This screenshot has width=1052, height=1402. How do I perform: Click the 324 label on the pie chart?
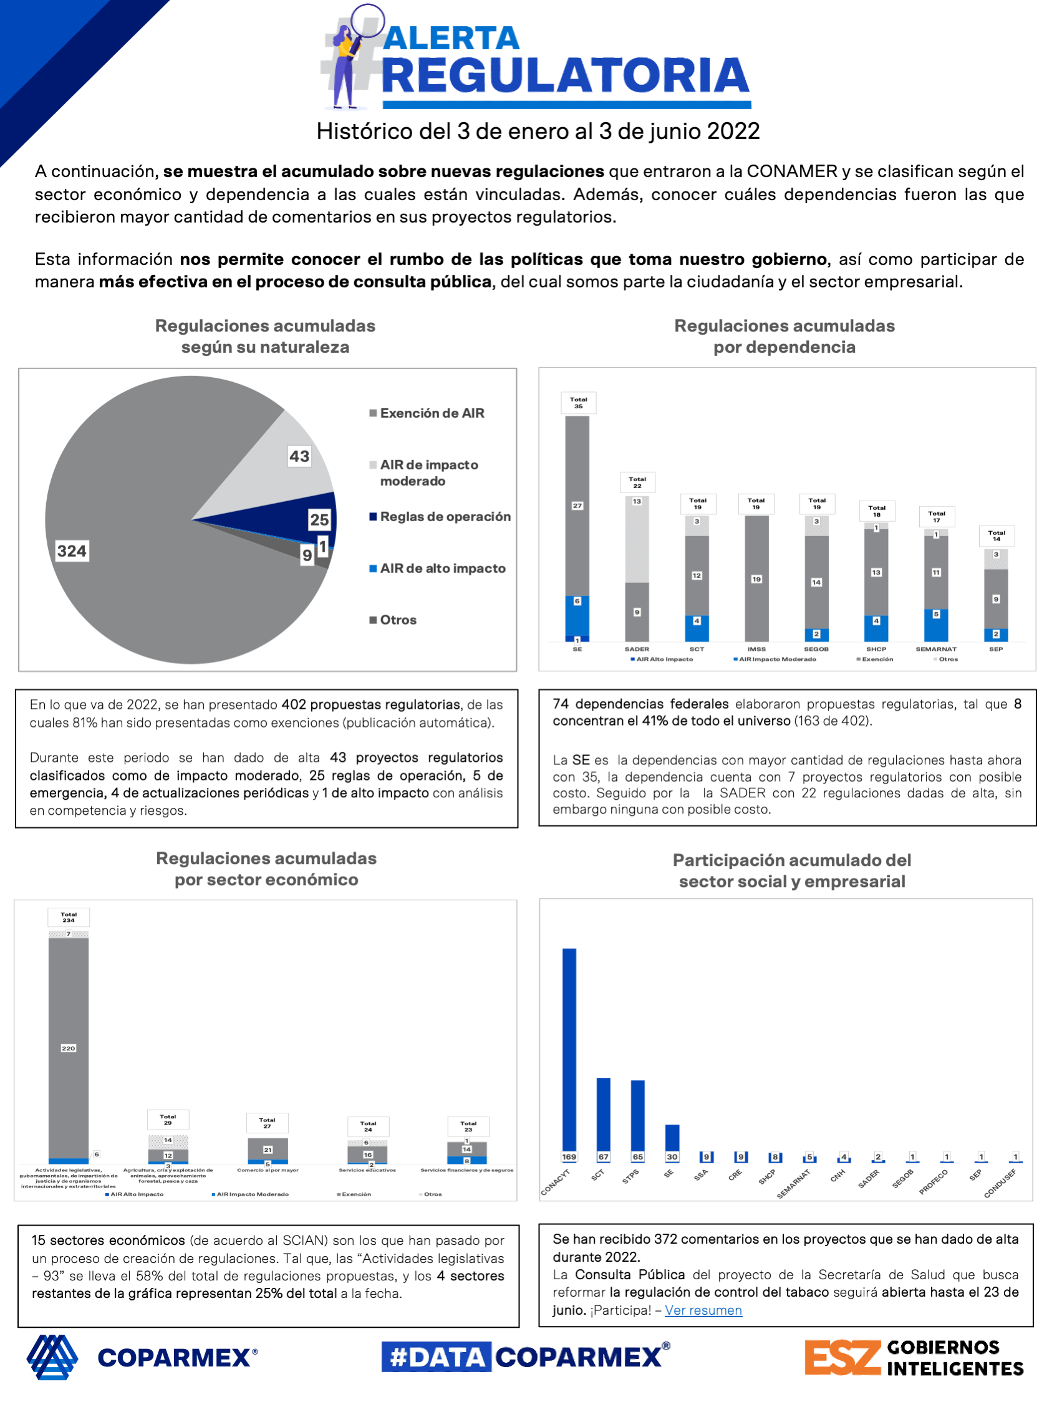72,551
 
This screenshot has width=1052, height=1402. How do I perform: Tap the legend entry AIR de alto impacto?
442,569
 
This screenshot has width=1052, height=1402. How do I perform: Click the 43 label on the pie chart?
299,456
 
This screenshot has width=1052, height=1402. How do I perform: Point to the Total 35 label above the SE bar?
578,403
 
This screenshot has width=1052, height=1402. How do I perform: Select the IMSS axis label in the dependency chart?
756,649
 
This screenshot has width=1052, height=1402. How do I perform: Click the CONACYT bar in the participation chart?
569,1049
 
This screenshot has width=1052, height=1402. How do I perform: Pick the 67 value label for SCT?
603,1157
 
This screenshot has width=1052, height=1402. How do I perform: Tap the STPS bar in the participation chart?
637,1115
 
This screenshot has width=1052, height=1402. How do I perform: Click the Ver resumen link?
703,1310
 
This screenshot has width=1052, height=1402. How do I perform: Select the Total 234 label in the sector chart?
69,917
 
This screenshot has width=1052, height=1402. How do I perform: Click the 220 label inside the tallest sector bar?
69,1049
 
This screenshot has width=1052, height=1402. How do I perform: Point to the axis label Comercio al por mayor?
268,1170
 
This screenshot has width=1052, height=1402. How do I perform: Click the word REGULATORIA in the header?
566,76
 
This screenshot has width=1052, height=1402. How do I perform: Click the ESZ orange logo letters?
842,1358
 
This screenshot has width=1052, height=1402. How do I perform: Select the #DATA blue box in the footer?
437,1357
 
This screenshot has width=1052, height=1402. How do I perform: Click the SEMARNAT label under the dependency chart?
936,649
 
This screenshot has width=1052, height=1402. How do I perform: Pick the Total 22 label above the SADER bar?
637,483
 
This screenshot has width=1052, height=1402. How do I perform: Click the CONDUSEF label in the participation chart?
1000,1183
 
